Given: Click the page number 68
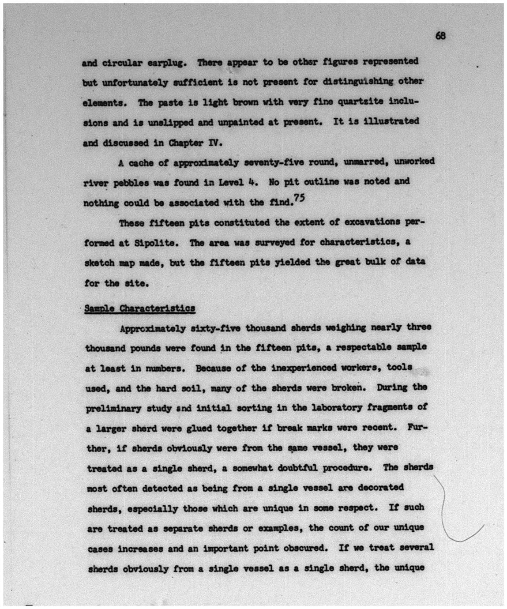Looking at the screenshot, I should (440, 36).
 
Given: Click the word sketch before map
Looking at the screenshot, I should (100, 263).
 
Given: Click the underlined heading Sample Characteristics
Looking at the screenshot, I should (139, 308).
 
